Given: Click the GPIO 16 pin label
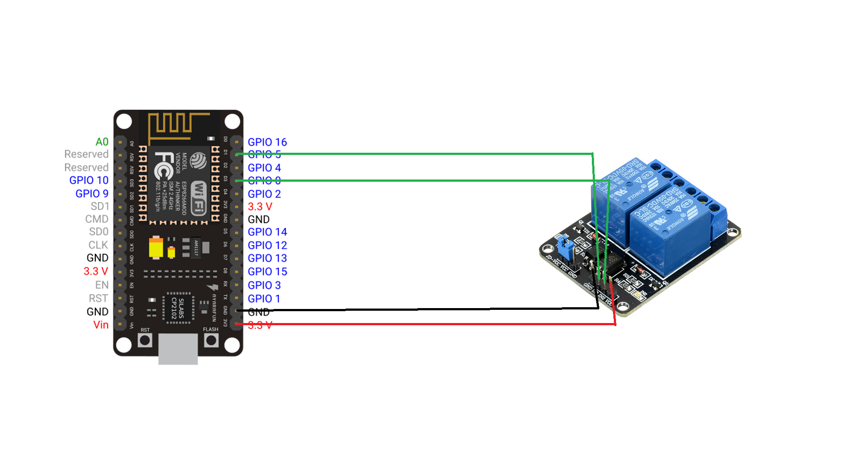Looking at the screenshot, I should pos(267,142).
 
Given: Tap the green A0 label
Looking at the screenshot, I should pos(102,142).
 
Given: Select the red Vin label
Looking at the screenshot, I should pos(101,325).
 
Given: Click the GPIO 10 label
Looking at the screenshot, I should pos(89,180).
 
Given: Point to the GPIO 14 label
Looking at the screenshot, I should pos(267,232).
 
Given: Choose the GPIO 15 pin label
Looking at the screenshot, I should pos(267,272).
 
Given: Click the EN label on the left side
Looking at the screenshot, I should pos(101,285).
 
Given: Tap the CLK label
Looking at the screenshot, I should pos(98,245).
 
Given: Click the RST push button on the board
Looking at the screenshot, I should pos(145,340).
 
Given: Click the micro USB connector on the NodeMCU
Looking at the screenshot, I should pos(178,349).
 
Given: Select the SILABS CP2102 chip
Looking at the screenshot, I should pos(177,308).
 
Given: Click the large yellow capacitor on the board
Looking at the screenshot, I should pos(156,248).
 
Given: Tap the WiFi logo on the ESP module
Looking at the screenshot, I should pos(199,197).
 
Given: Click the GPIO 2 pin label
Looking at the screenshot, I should pos(264,194).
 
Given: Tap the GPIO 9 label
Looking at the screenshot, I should pos(92,194).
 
